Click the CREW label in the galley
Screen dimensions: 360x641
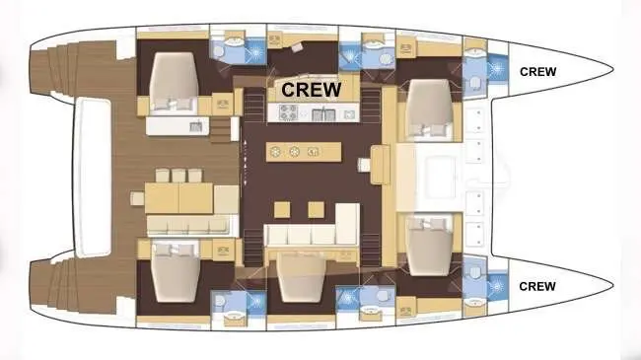[311, 89]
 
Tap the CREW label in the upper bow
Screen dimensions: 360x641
[537, 71]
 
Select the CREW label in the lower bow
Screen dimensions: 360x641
[537, 286]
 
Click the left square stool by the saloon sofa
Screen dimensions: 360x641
[281, 209]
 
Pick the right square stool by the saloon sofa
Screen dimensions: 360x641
[316, 209]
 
